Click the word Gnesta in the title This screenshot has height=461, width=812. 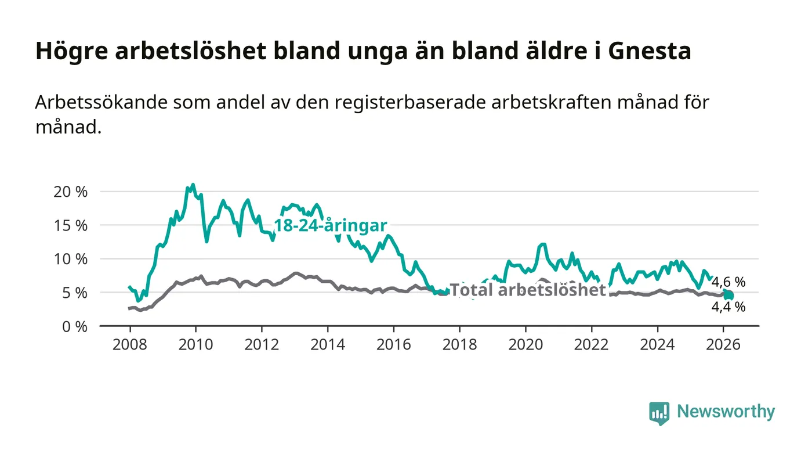(649, 52)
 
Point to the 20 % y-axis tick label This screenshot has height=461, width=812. (70, 192)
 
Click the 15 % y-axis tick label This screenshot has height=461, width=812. (70, 225)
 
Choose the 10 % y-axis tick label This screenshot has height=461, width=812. (70, 259)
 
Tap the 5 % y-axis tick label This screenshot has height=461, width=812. (74, 293)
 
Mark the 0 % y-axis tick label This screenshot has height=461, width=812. (74, 326)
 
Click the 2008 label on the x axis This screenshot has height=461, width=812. (129, 344)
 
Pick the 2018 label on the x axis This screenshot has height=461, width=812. (459, 344)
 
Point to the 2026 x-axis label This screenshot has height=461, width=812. (723, 344)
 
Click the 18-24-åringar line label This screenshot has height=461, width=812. (330, 226)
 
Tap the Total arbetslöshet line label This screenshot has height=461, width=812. (528, 290)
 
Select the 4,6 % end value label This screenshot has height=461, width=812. (728, 282)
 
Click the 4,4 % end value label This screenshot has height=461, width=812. (728, 307)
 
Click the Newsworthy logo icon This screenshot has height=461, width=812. (659, 413)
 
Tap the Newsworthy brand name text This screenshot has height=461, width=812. (726, 412)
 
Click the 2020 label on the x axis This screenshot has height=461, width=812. (525, 344)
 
